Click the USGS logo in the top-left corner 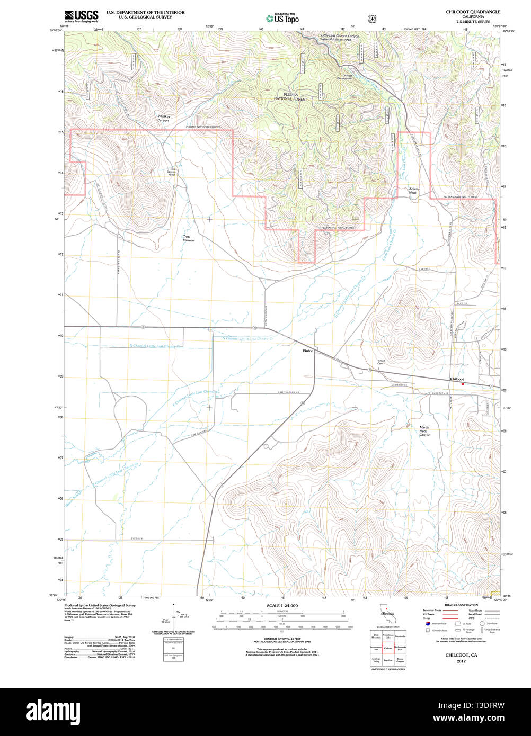click(81, 15)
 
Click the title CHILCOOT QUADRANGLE click(473, 12)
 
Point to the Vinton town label click(308, 351)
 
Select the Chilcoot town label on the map click(457, 379)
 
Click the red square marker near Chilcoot click(463, 384)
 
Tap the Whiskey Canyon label click(163, 119)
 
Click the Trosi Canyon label click(188, 239)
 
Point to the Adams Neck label click(413, 191)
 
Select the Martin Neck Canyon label click(424, 431)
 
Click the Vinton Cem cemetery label click(381, 363)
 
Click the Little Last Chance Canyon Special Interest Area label click(340, 38)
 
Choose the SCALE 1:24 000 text click(282, 605)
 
